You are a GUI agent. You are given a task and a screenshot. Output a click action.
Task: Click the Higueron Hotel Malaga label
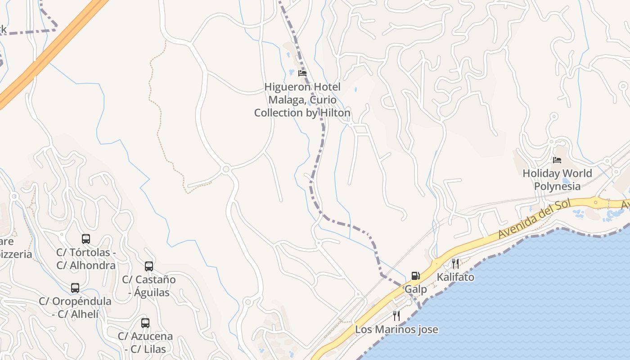[302, 99]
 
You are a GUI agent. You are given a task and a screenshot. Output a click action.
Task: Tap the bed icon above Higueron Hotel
[302, 73]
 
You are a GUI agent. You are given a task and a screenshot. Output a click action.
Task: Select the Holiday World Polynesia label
[557, 180]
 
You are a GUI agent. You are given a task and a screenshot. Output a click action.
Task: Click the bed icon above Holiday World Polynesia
[557, 160]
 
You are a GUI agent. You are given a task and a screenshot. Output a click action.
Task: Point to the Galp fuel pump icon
[415, 275]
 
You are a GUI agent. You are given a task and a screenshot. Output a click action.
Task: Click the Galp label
[416, 289]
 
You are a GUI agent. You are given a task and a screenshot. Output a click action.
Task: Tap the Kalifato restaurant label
[455, 277]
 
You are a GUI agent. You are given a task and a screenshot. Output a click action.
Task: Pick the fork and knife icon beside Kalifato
[455, 264]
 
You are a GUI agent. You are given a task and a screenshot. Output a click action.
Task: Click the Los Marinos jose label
[396, 329]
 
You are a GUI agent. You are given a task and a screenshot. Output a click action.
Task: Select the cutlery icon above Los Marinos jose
[396, 315]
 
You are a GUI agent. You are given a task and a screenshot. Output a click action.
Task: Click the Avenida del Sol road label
[534, 219]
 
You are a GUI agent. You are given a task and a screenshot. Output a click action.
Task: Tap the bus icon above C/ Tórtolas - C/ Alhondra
[86, 239]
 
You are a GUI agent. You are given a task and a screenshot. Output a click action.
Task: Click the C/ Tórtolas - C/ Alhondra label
[86, 259]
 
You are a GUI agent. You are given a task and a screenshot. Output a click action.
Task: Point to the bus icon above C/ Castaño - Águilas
[149, 266]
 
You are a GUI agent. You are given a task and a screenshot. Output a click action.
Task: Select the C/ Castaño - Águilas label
[149, 286]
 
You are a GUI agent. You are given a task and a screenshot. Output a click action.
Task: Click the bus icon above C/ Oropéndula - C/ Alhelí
[75, 288]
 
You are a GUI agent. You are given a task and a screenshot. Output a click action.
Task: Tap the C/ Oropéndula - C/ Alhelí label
[75, 307]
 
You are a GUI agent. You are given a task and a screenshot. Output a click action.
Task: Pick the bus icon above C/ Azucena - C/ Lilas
[145, 323]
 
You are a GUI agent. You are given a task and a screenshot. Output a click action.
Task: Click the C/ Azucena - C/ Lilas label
[145, 342]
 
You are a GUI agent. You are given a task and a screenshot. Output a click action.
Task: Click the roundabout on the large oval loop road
[226, 169]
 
